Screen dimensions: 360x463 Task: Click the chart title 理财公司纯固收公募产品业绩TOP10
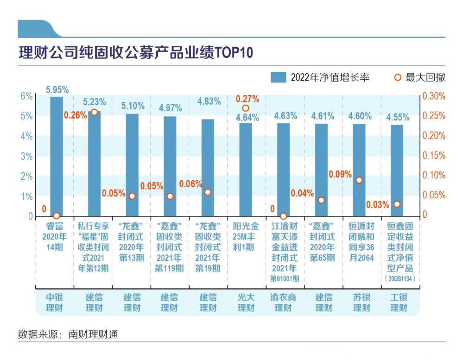click(136, 52)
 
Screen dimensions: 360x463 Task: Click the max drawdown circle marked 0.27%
click(246, 108)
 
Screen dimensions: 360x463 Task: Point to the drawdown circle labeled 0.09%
click(359, 180)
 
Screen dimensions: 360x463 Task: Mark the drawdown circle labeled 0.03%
click(397, 204)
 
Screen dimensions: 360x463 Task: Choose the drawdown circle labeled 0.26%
click(94, 112)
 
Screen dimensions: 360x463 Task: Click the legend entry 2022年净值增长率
click(320, 77)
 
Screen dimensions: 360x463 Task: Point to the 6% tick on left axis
click(27, 96)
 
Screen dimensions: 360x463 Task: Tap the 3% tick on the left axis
click(27, 156)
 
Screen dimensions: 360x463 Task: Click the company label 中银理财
click(54, 302)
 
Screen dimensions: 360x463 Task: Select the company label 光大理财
click(246, 302)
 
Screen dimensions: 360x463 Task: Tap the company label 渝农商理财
click(283, 302)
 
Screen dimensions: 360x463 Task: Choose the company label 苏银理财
click(360, 302)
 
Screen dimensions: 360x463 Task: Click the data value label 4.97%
click(170, 108)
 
